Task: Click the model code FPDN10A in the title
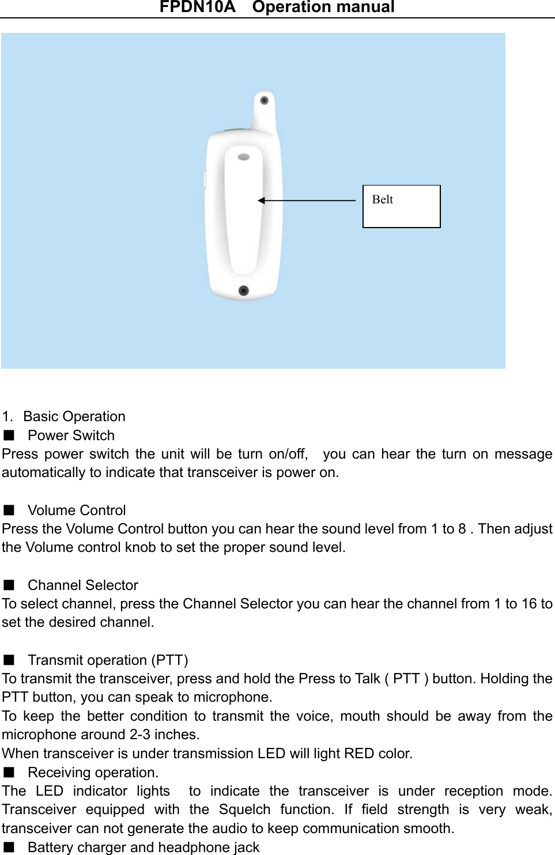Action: [197, 7]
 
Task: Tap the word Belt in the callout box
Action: [383, 200]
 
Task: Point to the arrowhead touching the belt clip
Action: [261, 200]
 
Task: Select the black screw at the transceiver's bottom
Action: [243, 290]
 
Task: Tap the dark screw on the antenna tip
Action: [264, 100]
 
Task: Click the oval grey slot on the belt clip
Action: [244, 157]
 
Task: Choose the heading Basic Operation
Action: [74, 417]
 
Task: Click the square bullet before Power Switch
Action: [9, 436]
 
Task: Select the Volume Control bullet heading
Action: [77, 510]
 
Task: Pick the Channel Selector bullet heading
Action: [83, 585]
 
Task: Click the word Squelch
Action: [244, 809]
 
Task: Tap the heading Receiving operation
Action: [93, 773]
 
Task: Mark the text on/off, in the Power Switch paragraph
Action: [288, 454]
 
